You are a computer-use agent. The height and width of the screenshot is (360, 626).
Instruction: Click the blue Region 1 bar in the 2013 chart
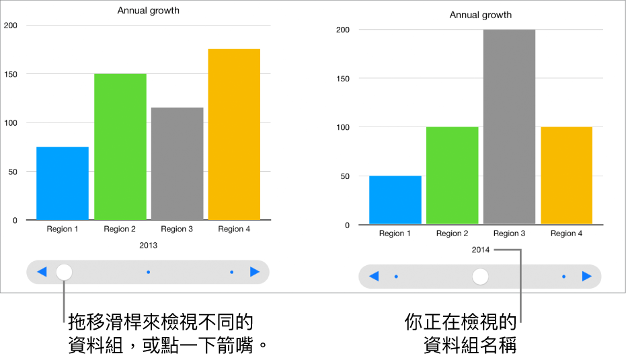[63, 183]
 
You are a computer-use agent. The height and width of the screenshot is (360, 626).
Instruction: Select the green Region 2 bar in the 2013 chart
[120, 147]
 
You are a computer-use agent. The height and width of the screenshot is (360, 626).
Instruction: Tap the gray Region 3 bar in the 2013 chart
[177, 164]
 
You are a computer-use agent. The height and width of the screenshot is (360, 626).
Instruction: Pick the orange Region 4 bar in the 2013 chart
[234, 135]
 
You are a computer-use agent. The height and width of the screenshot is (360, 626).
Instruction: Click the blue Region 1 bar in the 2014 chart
[395, 200]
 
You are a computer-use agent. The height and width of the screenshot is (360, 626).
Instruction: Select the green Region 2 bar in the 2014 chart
[452, 176]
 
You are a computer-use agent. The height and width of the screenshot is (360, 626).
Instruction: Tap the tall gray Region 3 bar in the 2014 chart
[509, 127]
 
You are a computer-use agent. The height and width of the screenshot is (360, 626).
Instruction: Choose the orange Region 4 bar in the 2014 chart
[566, 176]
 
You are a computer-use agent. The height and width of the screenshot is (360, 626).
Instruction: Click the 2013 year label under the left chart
[149, 246]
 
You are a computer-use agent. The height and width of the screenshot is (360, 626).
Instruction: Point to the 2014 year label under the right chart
[481, 250]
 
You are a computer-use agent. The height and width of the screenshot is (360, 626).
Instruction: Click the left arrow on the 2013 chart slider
[42, 272]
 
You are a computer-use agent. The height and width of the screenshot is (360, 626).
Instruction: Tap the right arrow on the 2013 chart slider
[255, 272]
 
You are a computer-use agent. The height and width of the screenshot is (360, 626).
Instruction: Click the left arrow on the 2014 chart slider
[374, 277]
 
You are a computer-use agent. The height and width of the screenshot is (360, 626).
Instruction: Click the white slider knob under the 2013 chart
[64, 272]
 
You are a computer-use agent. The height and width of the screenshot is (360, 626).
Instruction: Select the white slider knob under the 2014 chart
[480, 277]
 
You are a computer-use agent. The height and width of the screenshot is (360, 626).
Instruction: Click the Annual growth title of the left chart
[149, 11]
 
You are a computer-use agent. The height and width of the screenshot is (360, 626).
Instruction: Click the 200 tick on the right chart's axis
[342, 30]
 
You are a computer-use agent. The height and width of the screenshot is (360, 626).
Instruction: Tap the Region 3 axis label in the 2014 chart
[509, 233]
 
